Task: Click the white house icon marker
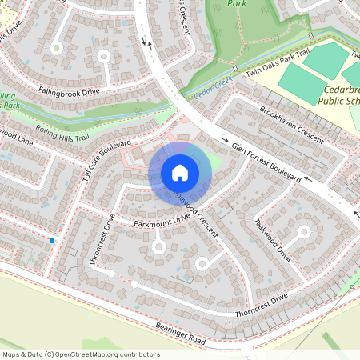click(x=180, y=173)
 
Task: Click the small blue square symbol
click(x=52, y=240)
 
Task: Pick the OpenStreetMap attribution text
click(x=81, y=354)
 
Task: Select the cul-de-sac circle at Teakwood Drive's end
click(x=303, y=233)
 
